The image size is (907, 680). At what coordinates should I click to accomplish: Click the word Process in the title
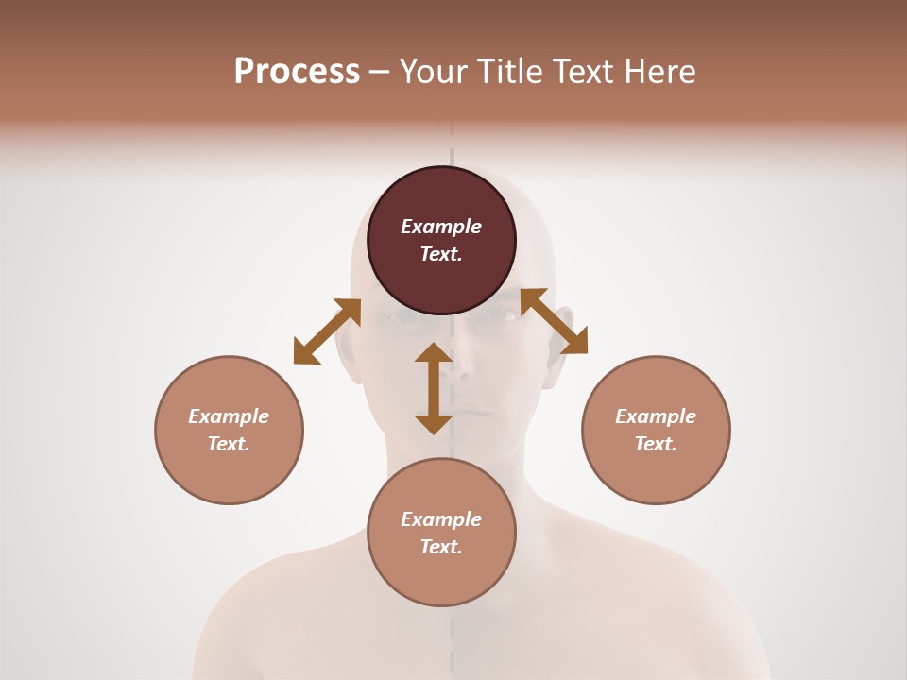[297, 72]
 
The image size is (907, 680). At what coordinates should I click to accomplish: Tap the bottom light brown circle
[441, 571]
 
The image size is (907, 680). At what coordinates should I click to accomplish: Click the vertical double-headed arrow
[434, 388]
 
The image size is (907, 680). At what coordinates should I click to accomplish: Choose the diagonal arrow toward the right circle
[554, 321]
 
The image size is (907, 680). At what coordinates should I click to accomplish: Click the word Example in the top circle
[441, 227]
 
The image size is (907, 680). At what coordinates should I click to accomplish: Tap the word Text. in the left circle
[229, 444]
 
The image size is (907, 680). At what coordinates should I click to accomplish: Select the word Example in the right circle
[656, 416]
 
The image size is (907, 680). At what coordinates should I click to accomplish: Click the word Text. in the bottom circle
[441, 547]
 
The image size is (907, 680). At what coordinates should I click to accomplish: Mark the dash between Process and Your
[380, 73]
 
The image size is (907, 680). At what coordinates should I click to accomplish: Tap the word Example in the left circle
[229, 416]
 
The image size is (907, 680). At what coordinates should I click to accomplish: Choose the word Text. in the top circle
[441, 254]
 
